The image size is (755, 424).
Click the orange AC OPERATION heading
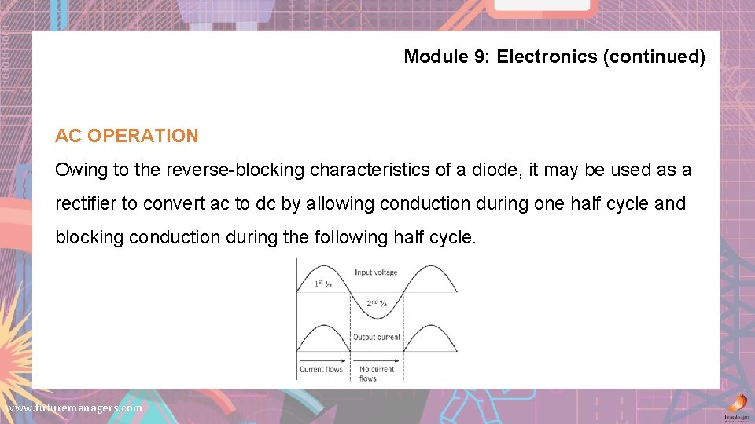(x=127, y=136)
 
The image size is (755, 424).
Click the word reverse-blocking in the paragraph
(x=241, y=170)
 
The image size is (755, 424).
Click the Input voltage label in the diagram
(x=376, y=272)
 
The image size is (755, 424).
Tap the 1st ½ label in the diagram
(x=323, y=283)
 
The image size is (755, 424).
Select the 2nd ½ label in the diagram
(x=376, y=303)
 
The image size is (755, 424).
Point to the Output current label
(x=377, y=338)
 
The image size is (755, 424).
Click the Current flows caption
(x=322, y=369)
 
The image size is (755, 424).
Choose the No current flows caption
(x=376, y=374)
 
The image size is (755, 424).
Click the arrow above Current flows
(x=322, y=361)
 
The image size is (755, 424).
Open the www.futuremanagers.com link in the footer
(x=74, y=408)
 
